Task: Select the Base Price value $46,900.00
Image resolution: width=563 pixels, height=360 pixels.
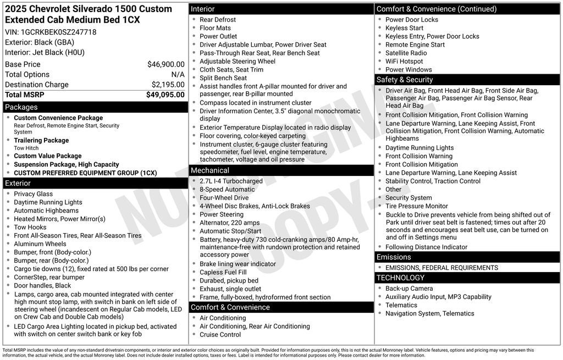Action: pyautogui.click(x=165, y=64)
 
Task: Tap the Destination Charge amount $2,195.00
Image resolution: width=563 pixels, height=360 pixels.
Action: pyautogui.click(x=168, y=85)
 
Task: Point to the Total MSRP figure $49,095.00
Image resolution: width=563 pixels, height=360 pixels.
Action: pyautogui.click(x=165, y=95)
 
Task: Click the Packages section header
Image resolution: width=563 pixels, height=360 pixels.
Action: pyautogui.click(x=21, y=107)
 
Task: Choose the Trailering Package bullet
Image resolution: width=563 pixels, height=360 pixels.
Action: pyautogui.click(x=41, y=140)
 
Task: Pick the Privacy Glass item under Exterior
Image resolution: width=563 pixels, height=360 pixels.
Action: pyautogui.click(x=34, y=193)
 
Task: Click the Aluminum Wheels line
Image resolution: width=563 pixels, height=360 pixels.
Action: pyautogui.click(x=40, y=244)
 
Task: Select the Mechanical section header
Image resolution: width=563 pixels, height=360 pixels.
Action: pyautogui.click(x=210, y=170)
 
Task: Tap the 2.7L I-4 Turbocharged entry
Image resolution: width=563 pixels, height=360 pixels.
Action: pyautogui.click(x=231, y=181)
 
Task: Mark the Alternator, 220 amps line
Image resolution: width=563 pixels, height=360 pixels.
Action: pyautogui.click(x=229, y=223)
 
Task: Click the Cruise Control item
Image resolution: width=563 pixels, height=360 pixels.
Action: pyautogui.click(x=220, y=334)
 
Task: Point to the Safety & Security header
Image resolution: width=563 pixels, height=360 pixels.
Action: pyautogui.click(x=405, y=80)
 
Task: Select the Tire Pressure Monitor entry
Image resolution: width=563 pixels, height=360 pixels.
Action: pyautogui.click(x=416, y=206)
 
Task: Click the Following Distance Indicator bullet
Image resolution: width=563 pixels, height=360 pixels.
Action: pyautogui.click(x=426, y=247)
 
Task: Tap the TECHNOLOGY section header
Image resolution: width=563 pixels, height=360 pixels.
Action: pyautogui.click(x=400, y=278)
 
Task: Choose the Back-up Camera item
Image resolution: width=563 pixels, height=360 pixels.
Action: pyautogui.click(x=409, y=289)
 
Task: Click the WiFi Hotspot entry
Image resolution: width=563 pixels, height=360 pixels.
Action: pyautogui.click(x=404, y=61)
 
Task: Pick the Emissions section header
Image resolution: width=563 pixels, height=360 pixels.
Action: pyautogui.click(x=394, y=257)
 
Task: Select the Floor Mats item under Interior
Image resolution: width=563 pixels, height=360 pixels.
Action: pyautogui.click(x=216, y=28)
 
